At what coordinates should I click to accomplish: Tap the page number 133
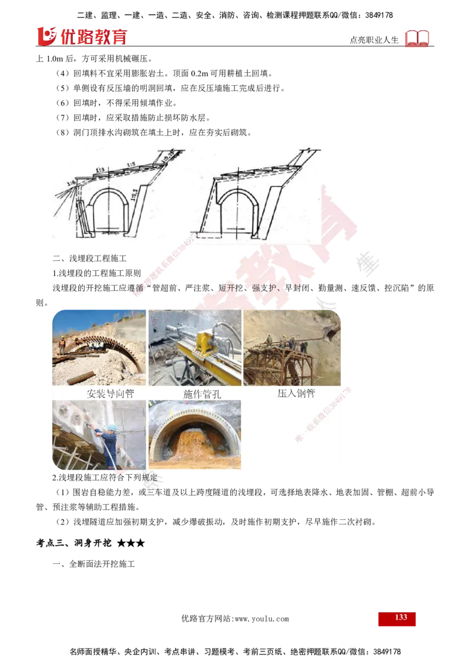[401, 618]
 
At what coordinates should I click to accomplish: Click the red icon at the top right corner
[418, 39]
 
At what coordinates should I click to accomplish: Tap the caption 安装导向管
[110, 394]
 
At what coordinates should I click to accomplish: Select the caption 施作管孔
[202, 394]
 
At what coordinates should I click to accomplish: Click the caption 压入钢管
[296, 393]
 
